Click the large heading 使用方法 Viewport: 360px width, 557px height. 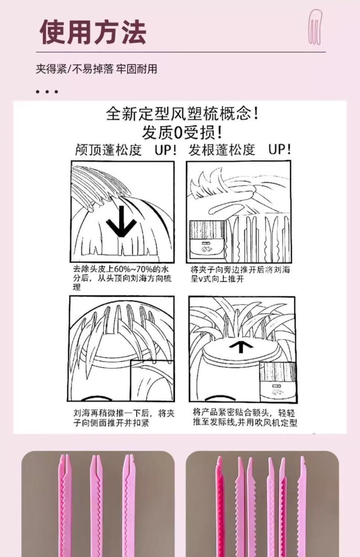[x=93, y=32]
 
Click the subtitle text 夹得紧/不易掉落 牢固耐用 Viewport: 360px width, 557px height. [x=96, y=69]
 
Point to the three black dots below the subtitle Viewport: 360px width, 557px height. [x=47, y=92]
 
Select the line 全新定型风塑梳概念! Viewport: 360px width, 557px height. [x=182, y=113]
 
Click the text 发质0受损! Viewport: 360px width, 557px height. [x=182, y=132]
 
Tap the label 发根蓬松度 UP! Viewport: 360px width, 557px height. [x=240, y=150]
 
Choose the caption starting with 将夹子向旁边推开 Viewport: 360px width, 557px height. [x=240, y=274]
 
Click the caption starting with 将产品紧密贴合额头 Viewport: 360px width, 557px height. [x=245, y=417]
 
